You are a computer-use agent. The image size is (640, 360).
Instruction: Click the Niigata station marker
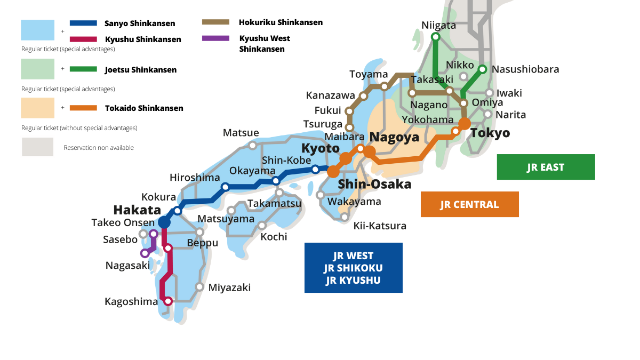(x=436, y=37)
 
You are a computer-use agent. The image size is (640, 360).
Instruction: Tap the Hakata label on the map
(x=137, y=210)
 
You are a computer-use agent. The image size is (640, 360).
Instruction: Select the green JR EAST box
(x=546, y=167)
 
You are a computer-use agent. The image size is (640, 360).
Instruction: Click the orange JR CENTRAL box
(x=469, y=204)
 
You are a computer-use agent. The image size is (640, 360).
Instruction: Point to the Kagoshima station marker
(x=168, y=301)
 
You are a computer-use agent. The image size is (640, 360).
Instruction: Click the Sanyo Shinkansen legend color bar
(x=83, y=23)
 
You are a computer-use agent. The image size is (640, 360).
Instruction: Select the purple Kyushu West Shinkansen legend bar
(x=216, y=38)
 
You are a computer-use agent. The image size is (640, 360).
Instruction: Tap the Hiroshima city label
(x=195, y=177)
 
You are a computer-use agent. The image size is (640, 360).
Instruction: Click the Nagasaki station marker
(x=145, y=253)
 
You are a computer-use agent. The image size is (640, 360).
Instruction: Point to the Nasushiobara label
(x=525, y=69)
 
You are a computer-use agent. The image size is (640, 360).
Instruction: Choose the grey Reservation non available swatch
(x=37, y=147)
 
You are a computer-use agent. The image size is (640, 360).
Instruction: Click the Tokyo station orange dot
(x=465, y=123)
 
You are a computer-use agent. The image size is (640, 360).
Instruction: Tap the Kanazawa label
(x=330, y=95)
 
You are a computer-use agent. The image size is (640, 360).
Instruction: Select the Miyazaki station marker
(x=199, y=286)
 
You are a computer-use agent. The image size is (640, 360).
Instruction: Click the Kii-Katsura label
(x=380, y=226)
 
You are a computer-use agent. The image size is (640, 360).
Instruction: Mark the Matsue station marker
(x=253, y=145)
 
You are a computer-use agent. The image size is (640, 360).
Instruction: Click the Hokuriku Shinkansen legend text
(x=281, y=22)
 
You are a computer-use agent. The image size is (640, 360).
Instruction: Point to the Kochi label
(x=274, y=236)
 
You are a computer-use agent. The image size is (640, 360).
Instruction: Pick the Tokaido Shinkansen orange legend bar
(x=83, y=108)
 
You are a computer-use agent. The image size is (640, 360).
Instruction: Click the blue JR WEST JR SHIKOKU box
(x=353, y=268)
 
